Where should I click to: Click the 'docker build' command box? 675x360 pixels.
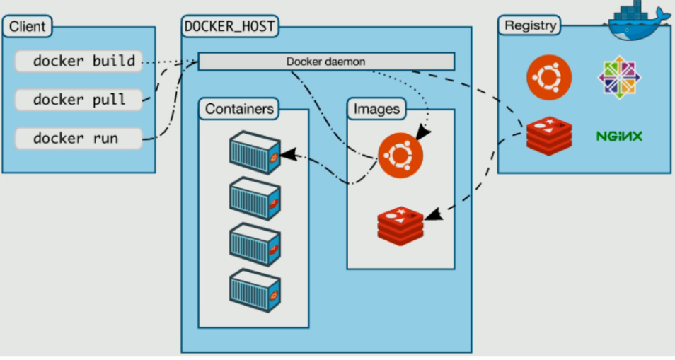79,61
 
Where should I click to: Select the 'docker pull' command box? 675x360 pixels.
79,100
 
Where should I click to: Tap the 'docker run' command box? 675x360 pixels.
79,139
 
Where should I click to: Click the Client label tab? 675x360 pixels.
27,26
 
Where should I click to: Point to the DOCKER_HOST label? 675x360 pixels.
229,26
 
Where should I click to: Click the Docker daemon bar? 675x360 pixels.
326,62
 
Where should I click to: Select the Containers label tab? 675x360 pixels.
239,109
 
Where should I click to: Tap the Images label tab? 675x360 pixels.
376,109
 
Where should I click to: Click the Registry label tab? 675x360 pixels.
530,25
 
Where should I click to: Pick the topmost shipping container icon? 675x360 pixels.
255,153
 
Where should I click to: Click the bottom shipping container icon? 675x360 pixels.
255,291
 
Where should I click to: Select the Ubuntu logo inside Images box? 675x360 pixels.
400,156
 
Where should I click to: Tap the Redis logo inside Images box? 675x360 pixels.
400,226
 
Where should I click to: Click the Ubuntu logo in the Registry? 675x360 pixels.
549,78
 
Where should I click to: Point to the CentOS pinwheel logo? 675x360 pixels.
620,78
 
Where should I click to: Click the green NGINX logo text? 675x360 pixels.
619,137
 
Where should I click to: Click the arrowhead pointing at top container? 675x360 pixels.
289,155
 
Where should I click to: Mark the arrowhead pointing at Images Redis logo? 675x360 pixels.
434,214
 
